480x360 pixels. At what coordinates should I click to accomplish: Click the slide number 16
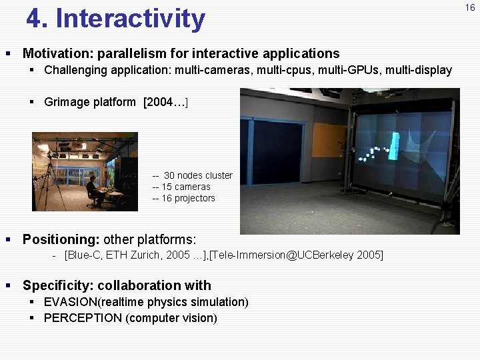(x=471, y=7)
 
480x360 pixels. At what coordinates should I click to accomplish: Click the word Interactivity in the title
(x=131, y=19)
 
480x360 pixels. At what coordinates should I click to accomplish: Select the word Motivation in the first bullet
(x=57, y=53)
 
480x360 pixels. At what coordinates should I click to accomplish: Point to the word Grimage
(x=67, y=102)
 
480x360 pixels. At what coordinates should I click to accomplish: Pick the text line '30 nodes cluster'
(x=197, y=175)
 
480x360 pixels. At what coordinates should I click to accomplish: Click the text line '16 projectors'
(x=188, y=198)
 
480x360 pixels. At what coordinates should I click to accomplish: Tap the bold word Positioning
(x=61, y=239)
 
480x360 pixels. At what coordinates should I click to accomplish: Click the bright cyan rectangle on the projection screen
(x=394, y=147)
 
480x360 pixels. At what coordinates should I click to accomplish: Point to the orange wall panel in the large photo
(x=329, y=139)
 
